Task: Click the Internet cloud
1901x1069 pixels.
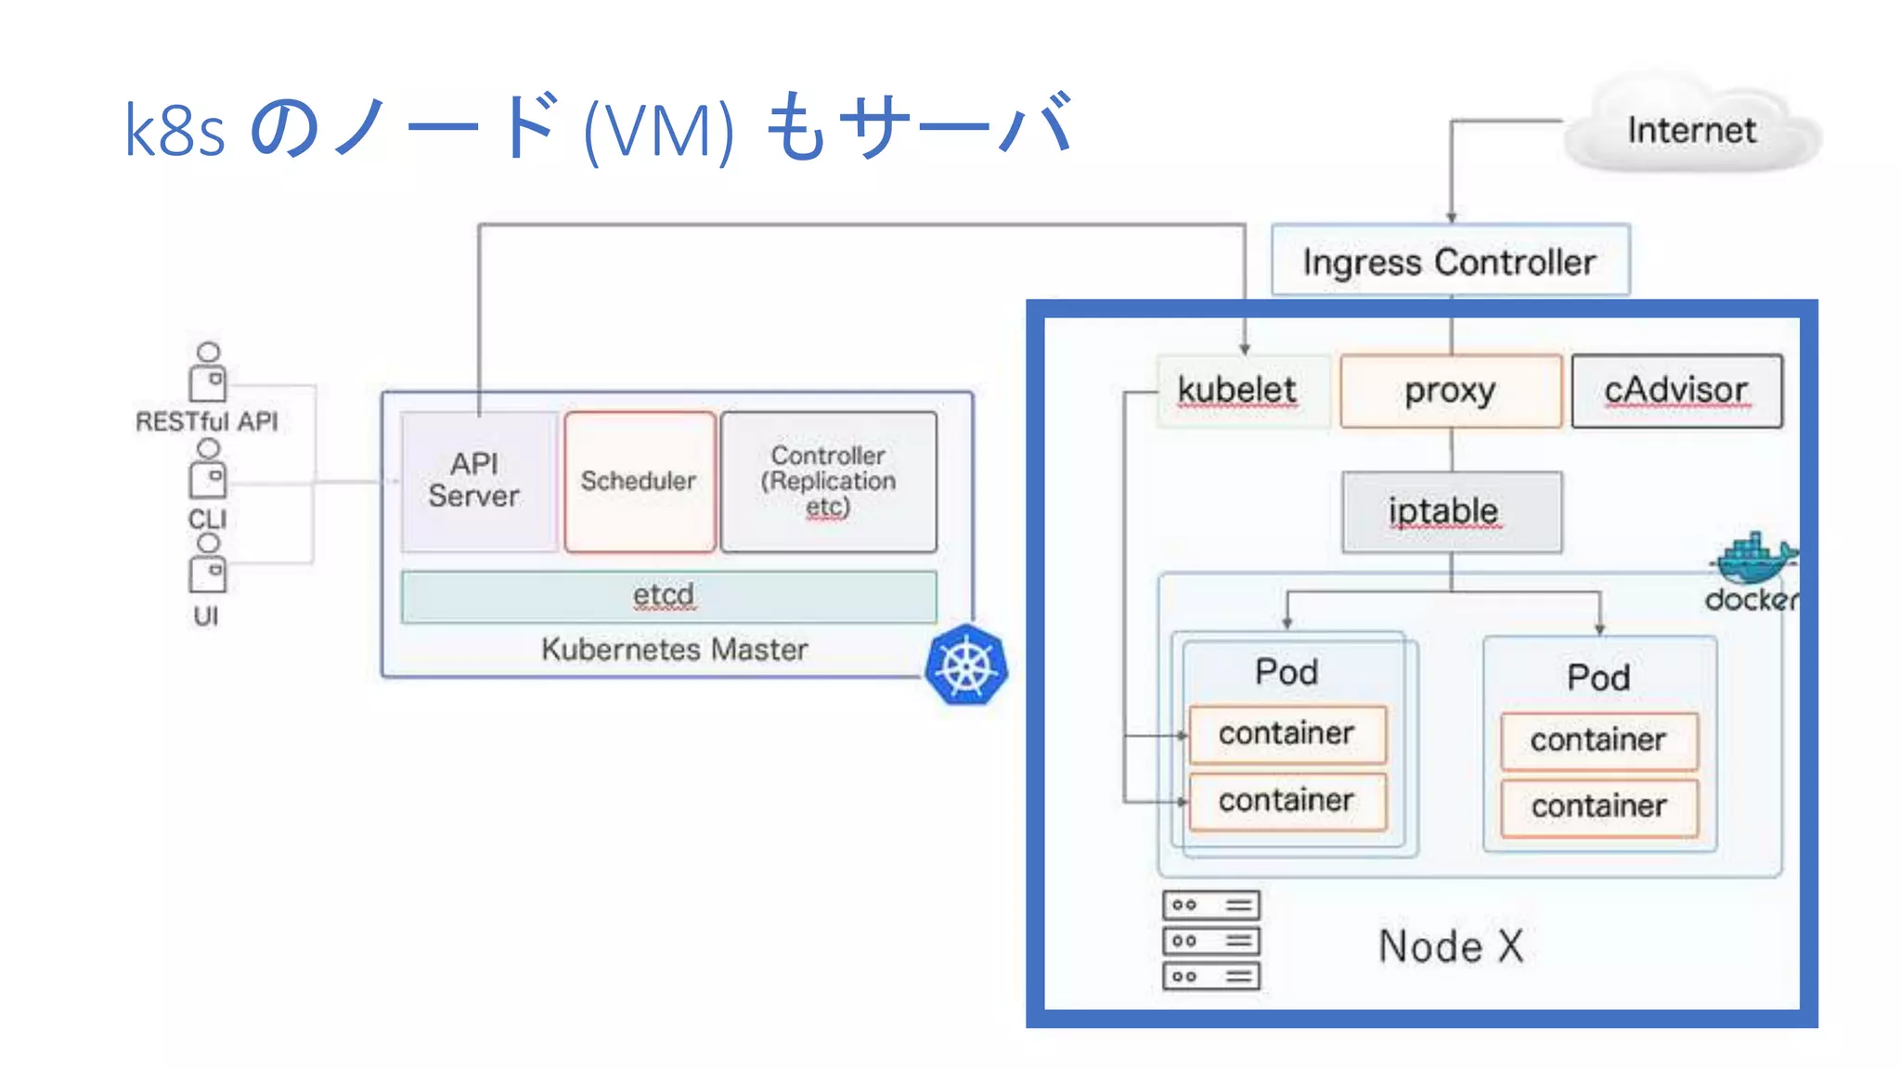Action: click(x=1691, y=130)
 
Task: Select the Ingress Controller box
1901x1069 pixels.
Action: click(x=1449, y=262)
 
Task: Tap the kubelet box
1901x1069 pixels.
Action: click(x=1238, y=391)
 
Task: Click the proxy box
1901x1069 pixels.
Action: click(x=1450, y=391)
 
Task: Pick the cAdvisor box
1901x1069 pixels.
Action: click(x=1676, y=391)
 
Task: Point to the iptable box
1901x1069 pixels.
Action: click(x=1451, y=511)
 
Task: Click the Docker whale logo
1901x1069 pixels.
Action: click(x=1752, y=559)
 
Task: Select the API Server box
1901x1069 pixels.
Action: click(x=475, y=481)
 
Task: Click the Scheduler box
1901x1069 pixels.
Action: click(x=640, y=481)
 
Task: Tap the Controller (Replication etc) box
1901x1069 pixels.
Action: click(x=828, y=481)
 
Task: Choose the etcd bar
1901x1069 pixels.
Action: click(x=667, y=596)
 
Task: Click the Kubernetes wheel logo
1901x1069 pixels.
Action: click(x=966, y=666)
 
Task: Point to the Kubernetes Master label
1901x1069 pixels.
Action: click(x=675, y=649)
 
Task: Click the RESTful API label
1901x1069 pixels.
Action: click(x=206, y=421)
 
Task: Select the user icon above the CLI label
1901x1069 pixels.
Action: click(x=208, y=470)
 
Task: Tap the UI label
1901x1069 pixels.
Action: click(x=206, y=616)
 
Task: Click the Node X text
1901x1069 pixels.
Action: click(x=1450, y=947)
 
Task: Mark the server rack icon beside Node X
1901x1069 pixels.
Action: click(x=1210, y=940)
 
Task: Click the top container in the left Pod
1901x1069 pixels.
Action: click(x=1287, y=734)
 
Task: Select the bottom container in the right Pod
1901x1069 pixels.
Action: click(x=1598, y=806)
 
